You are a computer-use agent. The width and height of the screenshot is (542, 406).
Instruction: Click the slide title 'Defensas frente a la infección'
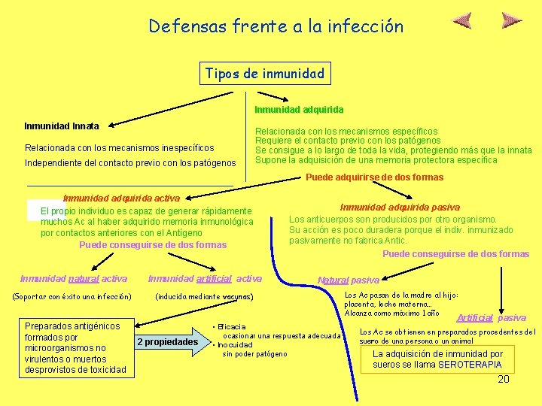276,26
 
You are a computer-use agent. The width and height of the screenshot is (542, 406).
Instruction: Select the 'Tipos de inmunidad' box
264,74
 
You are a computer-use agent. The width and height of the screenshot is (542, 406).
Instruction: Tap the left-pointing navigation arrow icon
465,20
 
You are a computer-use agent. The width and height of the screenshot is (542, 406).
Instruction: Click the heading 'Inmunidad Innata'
62,126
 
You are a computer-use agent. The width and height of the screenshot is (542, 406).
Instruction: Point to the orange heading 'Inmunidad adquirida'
304,110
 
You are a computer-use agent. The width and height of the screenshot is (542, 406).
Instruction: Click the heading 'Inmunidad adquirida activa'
121,198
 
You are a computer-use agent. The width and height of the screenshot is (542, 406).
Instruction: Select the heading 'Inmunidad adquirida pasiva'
400,207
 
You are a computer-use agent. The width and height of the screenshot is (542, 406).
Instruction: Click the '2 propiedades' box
167,343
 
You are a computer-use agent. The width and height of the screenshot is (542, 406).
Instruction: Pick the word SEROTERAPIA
470,365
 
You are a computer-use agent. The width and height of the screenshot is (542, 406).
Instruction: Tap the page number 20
504,380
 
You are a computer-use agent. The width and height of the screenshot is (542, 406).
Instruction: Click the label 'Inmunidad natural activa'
74,279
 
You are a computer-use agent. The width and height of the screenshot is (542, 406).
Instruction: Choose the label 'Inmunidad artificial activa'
205,279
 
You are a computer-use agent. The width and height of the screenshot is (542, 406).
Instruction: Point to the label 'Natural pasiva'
349,280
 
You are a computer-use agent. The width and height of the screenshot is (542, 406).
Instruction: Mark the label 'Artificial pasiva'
491,318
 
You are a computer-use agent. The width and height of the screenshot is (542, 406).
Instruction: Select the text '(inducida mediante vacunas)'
204,297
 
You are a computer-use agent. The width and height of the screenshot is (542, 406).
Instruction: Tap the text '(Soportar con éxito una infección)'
72,297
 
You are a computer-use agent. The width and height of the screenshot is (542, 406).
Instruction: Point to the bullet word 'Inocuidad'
235,344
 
